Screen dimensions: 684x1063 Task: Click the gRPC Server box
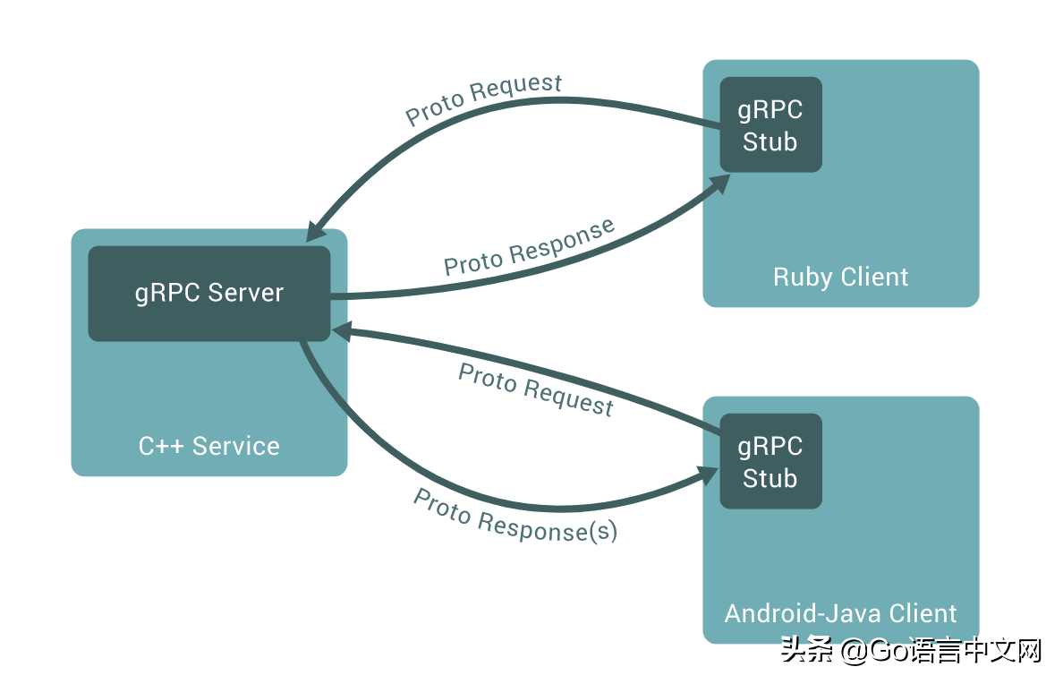click(208, 294)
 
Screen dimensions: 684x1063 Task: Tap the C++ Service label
click(208, 446)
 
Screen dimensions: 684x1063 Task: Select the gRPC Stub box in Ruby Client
click(770, 125)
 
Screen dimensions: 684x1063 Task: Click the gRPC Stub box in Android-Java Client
click(770, 462)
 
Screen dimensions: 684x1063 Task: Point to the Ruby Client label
click(840, 278)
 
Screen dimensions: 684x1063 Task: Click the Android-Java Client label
click(840, 613)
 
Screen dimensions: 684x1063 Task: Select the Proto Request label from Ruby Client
click(484, 99)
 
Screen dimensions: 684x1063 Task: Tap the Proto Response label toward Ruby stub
click(530, 247)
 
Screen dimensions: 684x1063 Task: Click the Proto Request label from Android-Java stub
click(536, 390)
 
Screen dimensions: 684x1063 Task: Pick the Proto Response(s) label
click(515, 517)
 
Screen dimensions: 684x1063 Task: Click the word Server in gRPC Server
click(245, 294)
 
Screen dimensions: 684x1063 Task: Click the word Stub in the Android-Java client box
click(770, 479)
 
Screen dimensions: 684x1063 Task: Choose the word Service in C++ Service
click(236, 446)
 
